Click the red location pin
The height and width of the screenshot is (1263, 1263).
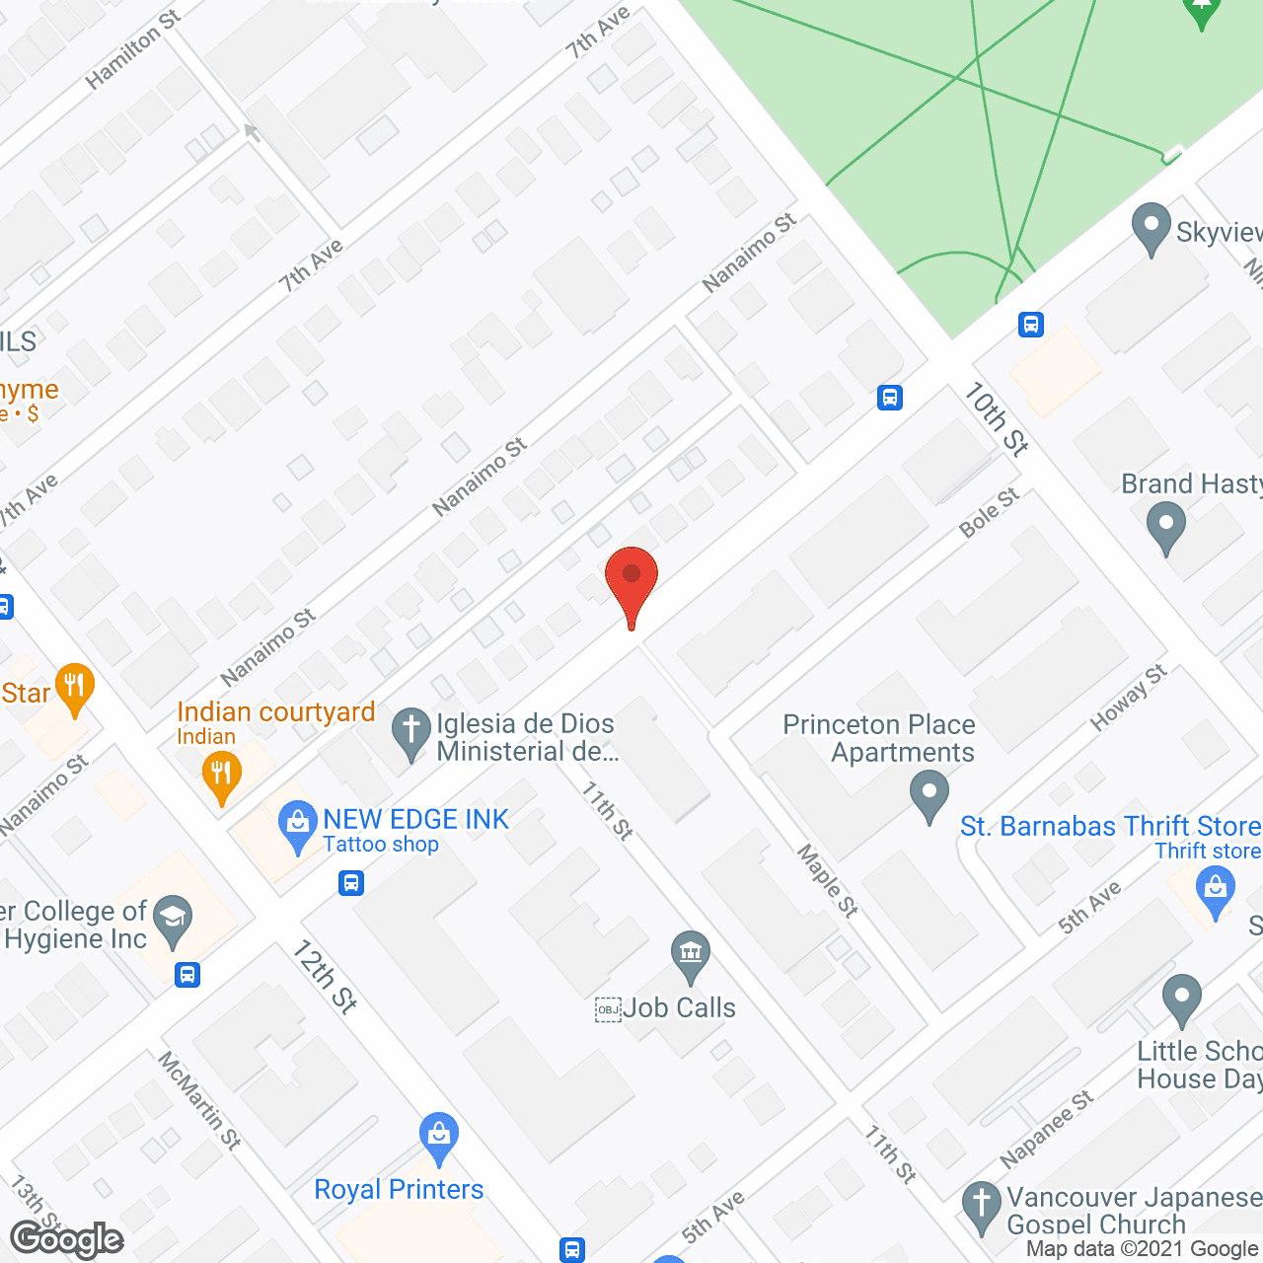631,582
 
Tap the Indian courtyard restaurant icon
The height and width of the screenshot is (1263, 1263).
221,775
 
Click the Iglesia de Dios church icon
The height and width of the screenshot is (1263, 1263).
410,732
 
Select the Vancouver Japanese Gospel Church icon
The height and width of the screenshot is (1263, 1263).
981,1206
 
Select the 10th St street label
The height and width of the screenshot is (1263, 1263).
997,419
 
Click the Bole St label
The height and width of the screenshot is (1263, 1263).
989,513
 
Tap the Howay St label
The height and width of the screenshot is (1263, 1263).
1128,698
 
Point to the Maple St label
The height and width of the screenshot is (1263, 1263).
827,880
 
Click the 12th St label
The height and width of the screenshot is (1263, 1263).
325,976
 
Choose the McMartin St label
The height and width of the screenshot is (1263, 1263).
199,1100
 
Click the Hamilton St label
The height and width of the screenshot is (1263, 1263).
132,49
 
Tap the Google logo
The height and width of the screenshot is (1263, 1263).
67,1239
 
